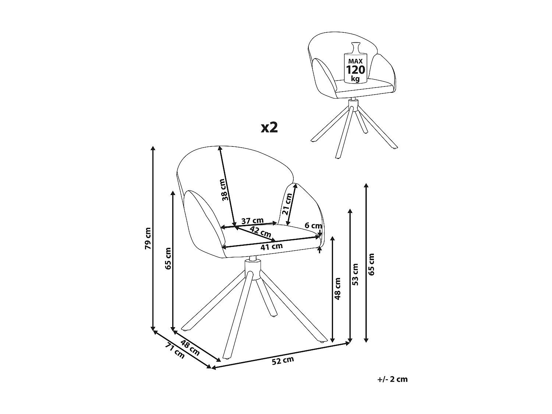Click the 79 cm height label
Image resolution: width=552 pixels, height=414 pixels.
(148, 238)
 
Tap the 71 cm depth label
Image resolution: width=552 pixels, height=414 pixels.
(175, 351)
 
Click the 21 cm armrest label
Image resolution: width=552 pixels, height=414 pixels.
(287, 204)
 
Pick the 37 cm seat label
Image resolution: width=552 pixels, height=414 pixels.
(252, 221)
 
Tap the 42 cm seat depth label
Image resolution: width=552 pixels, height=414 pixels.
(261, 232)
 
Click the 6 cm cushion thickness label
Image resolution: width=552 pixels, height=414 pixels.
(313, 225)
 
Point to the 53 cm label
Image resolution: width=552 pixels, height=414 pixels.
(355, 274)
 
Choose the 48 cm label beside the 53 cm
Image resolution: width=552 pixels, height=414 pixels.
(337, 289)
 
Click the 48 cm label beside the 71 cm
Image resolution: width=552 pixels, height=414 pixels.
(190, 348)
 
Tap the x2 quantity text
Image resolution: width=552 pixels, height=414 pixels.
(269, 127)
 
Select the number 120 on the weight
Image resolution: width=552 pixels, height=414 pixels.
(355, 70)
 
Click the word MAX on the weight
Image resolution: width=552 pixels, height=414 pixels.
(355, 61)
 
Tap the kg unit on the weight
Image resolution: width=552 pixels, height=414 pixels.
(355, 79)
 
